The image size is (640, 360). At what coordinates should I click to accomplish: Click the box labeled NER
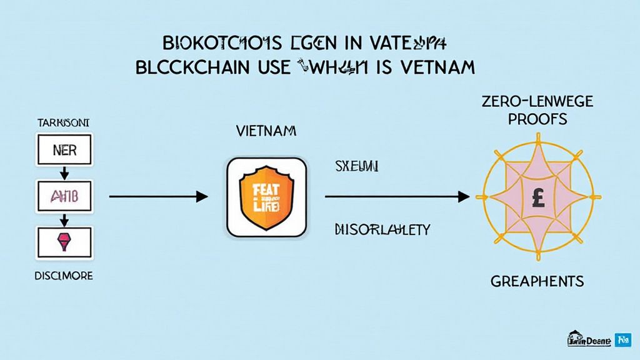pyautogui.click(x=64, y=151)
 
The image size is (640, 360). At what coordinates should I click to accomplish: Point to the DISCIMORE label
pyautogui.click(x=64, y=276)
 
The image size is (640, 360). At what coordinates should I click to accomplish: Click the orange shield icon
pyautogui.click(x=267, y=197)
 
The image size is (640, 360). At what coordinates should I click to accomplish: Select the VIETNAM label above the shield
pyautogui.click(x=267, y=132)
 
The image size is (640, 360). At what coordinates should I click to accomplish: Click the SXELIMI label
pyautogui.click(x=357, y=166)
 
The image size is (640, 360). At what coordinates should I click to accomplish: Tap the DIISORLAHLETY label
pyautogui.click(x=382, y=229)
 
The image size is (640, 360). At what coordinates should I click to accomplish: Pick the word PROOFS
pyautogui.click(x=537, y=119)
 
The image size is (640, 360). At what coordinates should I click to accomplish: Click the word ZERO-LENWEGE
pyautogui.click(x=537, y=101)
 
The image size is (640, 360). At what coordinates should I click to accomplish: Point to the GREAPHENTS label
pyautogui.click(x=537, y=281)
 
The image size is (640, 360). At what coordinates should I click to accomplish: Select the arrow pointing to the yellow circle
pyautogui.click(x=397, y=197)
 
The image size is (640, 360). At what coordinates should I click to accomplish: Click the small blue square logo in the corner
pyautogui.click(x=623, y=339)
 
